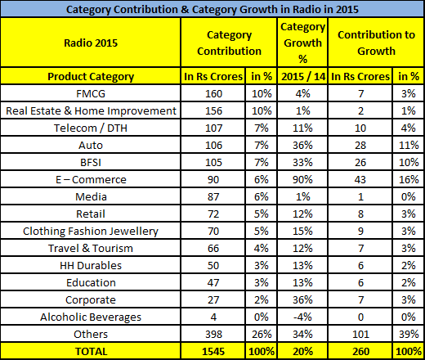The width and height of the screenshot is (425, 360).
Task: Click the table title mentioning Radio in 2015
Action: point(212,10)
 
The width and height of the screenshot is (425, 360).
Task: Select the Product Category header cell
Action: point(91,77)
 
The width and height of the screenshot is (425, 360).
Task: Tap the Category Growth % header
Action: point(302,43)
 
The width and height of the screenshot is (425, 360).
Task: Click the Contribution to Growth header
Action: point(376,43)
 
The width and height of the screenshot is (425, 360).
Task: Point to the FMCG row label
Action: point(91,94)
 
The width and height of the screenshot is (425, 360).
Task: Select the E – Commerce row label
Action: point(91,180)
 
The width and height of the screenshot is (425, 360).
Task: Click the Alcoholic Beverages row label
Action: point(91,317)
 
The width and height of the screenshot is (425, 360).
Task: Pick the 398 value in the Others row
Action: point(213,335)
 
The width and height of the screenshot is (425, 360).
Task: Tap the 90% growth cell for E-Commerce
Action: point(302,180)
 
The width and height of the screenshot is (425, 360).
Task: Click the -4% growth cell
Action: point(302,317)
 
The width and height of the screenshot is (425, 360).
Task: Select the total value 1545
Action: point(213,352)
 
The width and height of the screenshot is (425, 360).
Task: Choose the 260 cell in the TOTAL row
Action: point(360,352)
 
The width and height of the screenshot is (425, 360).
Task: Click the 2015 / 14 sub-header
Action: point(303,77)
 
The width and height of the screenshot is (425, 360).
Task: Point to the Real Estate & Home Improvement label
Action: point(91,111)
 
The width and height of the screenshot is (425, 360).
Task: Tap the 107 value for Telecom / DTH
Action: point(213,128)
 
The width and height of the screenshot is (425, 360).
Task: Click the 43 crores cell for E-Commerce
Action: point(360,180)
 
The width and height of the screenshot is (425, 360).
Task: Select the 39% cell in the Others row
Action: point(409,335)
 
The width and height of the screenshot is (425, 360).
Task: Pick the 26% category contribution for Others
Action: point(262,335)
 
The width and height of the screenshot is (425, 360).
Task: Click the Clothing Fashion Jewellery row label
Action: point(91,232)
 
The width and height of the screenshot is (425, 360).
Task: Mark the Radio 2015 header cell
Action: point(91,43)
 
